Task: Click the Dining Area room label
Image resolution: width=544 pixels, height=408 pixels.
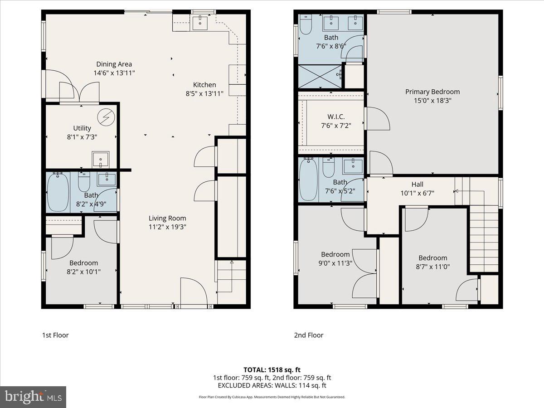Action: (x=114, y=64)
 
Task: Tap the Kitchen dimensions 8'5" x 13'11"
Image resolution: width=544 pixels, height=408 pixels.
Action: (x=204, y=93)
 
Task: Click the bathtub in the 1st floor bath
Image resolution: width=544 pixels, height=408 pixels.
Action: (x=58, y=191)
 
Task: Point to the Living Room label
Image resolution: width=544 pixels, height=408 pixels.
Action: (x=167, y=218)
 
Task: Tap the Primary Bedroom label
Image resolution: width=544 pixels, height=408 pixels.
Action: (x=432, y=92)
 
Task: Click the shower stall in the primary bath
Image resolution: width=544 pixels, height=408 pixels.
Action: (x=320, y=76)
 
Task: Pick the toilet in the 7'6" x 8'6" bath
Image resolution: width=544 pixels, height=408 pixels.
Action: (x=306, y=25)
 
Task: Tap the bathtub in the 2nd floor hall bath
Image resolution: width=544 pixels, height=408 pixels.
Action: (x=309, y=180)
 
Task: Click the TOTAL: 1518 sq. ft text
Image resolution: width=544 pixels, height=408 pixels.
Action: (x=272, y=369)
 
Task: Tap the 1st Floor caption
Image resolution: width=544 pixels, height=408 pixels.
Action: (x=55, y=335)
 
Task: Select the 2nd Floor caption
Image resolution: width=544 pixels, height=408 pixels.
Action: (x=308, y=335)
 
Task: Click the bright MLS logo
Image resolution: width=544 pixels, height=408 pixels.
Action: (x=33, y=397)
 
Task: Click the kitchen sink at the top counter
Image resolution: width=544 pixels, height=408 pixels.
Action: (x=200, y=21)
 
